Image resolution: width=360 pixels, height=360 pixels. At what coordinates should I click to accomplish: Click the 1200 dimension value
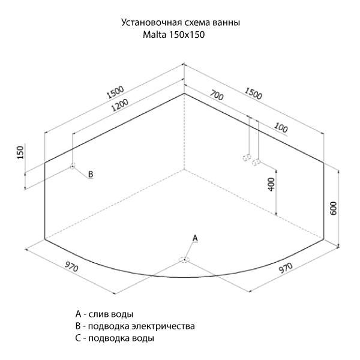point(119,105)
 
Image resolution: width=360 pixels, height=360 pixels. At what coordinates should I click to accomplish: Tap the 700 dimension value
point(217,95)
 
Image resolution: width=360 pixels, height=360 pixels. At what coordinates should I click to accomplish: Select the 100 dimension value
point(281,128)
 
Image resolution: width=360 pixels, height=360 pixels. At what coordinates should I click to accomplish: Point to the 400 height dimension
point(271,184)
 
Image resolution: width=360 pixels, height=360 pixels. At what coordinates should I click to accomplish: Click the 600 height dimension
point(334,208)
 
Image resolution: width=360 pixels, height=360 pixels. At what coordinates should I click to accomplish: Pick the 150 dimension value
point(20,152)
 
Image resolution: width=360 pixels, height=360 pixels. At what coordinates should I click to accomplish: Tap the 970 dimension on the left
point(71,267)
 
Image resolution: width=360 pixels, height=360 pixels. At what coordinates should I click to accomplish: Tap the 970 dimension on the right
point(286,268)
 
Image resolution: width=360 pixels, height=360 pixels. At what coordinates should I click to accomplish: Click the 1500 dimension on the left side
point(115,92)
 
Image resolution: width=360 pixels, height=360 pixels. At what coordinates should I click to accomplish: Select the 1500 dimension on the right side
point(253,94)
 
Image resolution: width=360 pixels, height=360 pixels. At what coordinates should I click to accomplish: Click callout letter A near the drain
point(195,238)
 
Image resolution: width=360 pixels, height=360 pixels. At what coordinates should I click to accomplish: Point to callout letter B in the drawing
point(91,174)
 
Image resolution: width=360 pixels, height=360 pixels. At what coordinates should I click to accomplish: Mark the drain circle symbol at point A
point(184,260)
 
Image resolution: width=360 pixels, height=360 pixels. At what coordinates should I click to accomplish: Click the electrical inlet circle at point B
point(73,166)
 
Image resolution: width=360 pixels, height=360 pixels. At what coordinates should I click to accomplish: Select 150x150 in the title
point(187,35)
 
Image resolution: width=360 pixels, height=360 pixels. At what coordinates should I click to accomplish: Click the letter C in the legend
point(78,338)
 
